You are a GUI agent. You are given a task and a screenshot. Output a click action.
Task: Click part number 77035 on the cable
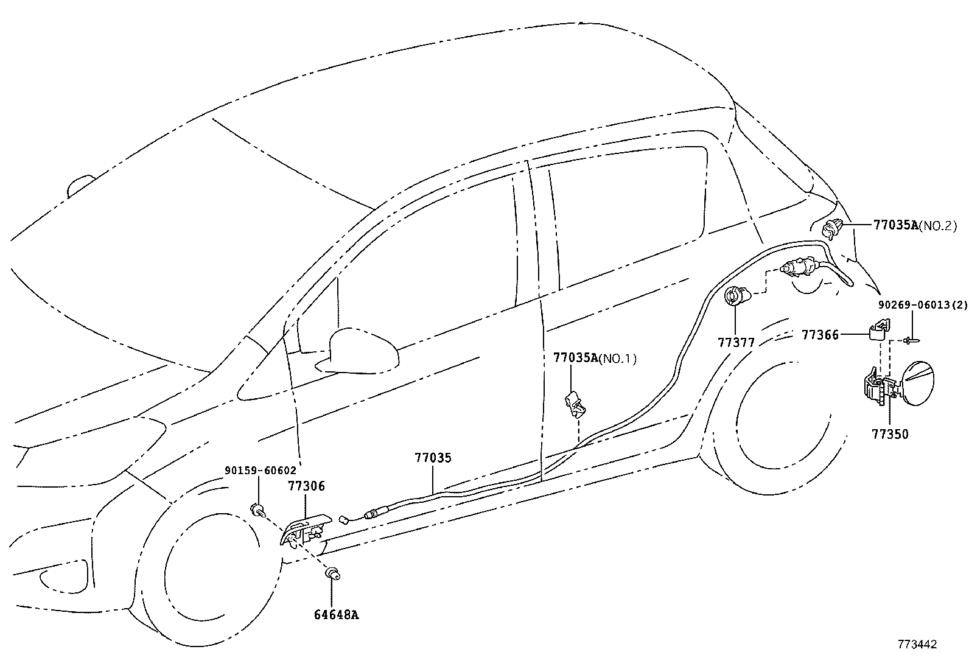pyautogui.click(x=433, y=458)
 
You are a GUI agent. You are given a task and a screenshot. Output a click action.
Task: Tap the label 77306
pyautogui.click(x=306, y=486)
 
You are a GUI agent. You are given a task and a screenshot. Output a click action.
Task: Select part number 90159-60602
pyautogui.click(x=261, y=470)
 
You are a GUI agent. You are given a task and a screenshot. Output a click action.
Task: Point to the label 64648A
pyautogui.click(x=336, y=614)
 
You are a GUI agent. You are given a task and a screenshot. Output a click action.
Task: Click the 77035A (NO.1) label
pyautogui.click(x=594, y=358)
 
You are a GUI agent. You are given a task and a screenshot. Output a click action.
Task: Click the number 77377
pyautogui.click(x=736, y=343)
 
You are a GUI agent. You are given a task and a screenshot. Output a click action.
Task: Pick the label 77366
pyautogui.click(x=820, y=334)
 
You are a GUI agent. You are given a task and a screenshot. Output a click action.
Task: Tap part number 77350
pyautogui.click(x=890, y=434)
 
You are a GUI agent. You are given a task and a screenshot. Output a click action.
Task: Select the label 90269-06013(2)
pyautogui.click(x=922, y=304)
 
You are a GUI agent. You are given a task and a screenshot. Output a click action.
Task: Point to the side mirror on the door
pyautogui.click(x=359, y=351)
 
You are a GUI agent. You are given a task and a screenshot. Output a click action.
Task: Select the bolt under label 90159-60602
pyautogui.click(x=259, y=510)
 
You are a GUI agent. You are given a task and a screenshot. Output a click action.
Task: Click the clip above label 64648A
pyautogui.click(x=333, y=573)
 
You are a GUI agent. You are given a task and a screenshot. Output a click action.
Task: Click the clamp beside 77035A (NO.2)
pyautogui.click(x=831, y=230)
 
